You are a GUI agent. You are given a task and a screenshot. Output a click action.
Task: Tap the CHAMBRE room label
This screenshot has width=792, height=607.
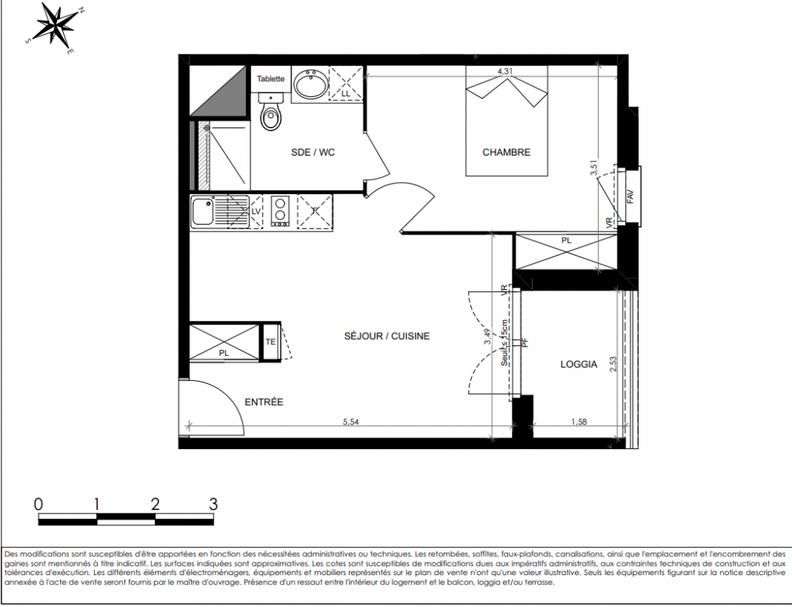click(506, 152)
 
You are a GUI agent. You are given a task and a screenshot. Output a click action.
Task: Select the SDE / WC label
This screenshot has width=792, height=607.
click(313, 152)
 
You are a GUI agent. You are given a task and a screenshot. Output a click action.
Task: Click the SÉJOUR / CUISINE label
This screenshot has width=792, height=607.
click(387, 336)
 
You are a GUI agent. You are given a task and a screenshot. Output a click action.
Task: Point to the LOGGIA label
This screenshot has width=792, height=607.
click(579, 364)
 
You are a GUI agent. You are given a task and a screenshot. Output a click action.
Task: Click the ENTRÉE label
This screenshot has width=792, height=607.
click(264, 402)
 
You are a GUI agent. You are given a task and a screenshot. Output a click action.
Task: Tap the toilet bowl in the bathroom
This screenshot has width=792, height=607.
click(272, 112)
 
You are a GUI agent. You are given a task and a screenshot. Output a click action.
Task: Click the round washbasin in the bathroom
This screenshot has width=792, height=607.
click(310, 84)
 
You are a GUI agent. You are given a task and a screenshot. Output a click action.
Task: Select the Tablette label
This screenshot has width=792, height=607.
click(271, 79)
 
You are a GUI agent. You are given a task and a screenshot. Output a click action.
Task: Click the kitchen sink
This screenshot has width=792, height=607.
click(203, 212)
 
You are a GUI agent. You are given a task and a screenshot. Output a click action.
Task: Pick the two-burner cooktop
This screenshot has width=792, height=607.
click(279, 211)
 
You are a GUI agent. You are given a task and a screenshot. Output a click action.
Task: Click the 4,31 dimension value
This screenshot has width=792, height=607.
click(504, 71)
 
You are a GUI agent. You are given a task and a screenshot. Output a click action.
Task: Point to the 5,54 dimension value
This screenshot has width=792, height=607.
click(350, 422)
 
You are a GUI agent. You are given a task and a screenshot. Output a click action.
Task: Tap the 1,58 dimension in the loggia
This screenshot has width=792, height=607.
click(579, 422)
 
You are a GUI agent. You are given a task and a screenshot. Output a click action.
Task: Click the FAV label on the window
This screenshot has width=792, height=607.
click(630, 196)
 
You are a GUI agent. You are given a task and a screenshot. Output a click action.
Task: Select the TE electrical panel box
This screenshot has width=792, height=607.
click(270, 342)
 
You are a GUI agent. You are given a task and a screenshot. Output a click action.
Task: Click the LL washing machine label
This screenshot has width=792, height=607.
click(345, 94)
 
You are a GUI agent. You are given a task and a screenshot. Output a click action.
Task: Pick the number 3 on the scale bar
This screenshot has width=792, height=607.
click(212, 504)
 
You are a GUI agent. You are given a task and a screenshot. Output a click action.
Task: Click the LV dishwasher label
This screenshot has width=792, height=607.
click(256, 212)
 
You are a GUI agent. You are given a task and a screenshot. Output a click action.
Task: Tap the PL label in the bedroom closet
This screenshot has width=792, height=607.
click(566, 241)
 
